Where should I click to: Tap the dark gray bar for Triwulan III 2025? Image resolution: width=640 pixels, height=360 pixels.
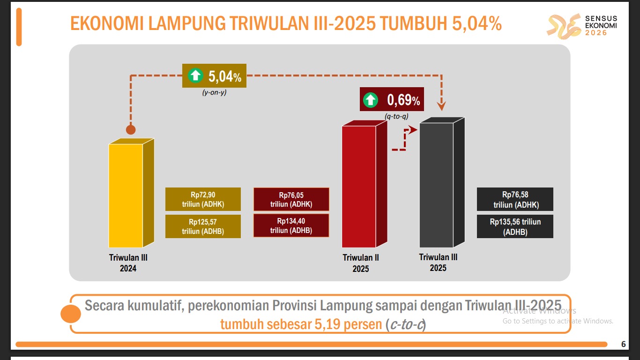point(436,185)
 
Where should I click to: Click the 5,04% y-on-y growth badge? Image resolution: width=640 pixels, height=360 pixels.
point(214,75)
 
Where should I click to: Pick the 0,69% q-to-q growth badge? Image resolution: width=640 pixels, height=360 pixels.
point(392,99)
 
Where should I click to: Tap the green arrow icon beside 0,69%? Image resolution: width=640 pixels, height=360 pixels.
point(371,99)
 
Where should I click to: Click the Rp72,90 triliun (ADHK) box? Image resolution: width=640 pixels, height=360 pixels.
point(203,199)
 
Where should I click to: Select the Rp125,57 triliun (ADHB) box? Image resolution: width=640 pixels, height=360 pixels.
point(203,226)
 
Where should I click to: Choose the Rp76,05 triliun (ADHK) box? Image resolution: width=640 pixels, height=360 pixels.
point(291,199)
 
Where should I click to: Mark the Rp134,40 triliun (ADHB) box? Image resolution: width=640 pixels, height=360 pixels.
point(291,225)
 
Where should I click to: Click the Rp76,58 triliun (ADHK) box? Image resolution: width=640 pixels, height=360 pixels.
point(515,199)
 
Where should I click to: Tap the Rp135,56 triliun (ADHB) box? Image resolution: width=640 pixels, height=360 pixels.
point(515,226)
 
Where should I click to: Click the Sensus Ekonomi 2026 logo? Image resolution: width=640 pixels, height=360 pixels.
point(583,26)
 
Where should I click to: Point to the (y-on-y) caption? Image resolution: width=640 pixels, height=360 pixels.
point(214,92)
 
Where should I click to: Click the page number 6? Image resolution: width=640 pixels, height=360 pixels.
point(623,345)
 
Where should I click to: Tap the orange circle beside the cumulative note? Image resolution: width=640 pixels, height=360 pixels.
point(70,314)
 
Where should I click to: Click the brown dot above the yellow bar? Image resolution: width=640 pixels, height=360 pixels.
point(131,130)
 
